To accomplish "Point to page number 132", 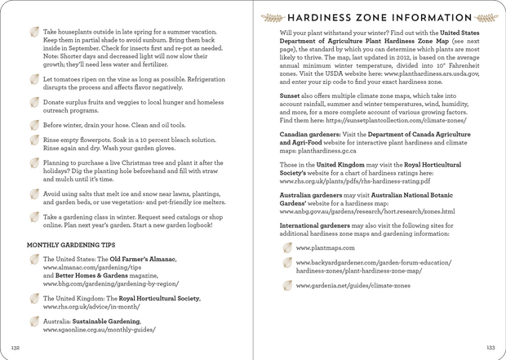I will tap(14, 347).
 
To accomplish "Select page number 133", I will tap(490, 347).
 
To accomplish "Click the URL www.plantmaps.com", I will tap(325, 247).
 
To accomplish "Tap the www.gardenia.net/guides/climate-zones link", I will tap(353, 287).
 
